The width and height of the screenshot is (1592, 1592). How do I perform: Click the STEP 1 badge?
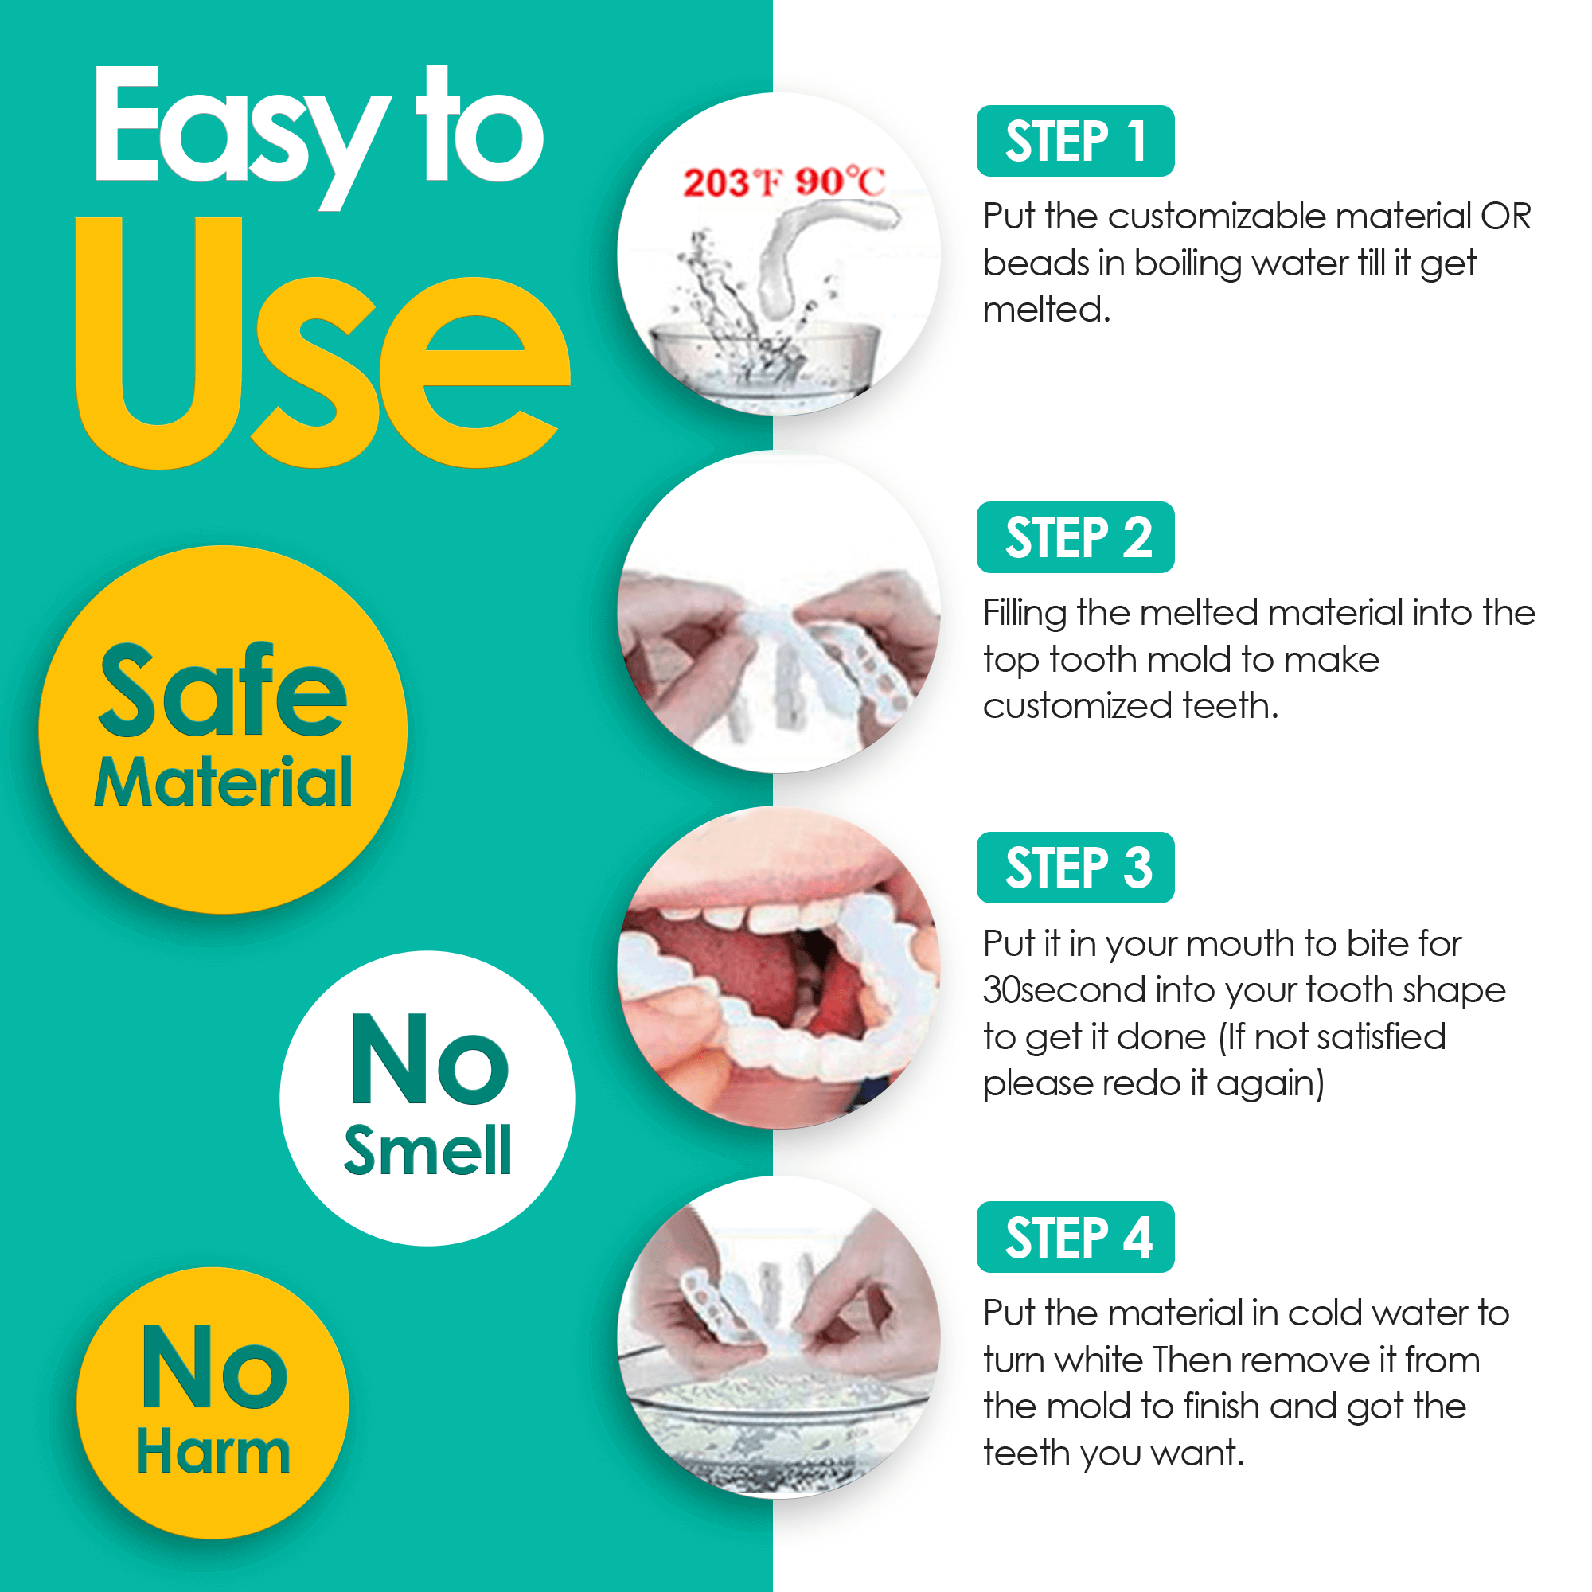pos(1075,141)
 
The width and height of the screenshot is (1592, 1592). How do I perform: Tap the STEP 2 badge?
pos(1075,537)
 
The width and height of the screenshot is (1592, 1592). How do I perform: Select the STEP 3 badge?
pos(1075,868)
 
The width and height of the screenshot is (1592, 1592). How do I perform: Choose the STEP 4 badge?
pos(1075,1237)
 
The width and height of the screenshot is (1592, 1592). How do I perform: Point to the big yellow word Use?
pos(322,346)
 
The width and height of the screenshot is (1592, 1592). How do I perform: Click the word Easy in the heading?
pos(239,132)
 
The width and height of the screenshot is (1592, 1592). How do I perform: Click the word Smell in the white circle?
pos(427,1150)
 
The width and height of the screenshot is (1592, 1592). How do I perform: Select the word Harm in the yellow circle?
pos(213,1451)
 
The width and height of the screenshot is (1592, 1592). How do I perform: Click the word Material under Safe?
pos(224,782)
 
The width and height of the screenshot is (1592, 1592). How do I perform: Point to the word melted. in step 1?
pos(1047,310)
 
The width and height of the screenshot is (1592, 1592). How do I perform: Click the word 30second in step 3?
pos(1063,989)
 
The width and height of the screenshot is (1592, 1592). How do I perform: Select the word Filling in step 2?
pos(1025,614)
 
